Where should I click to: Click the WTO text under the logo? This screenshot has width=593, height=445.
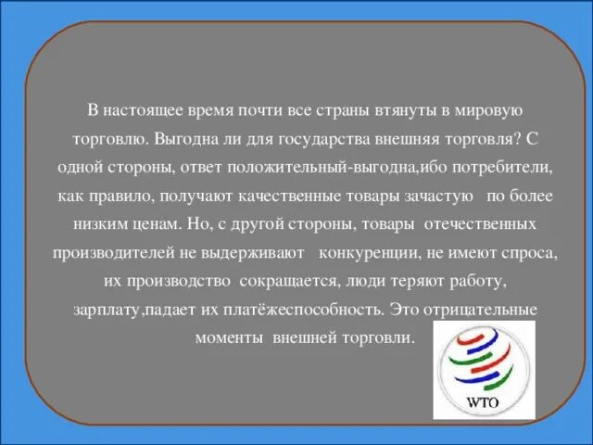tap(484, 404)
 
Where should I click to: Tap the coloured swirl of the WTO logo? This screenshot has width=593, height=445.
tap(483, 362)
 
